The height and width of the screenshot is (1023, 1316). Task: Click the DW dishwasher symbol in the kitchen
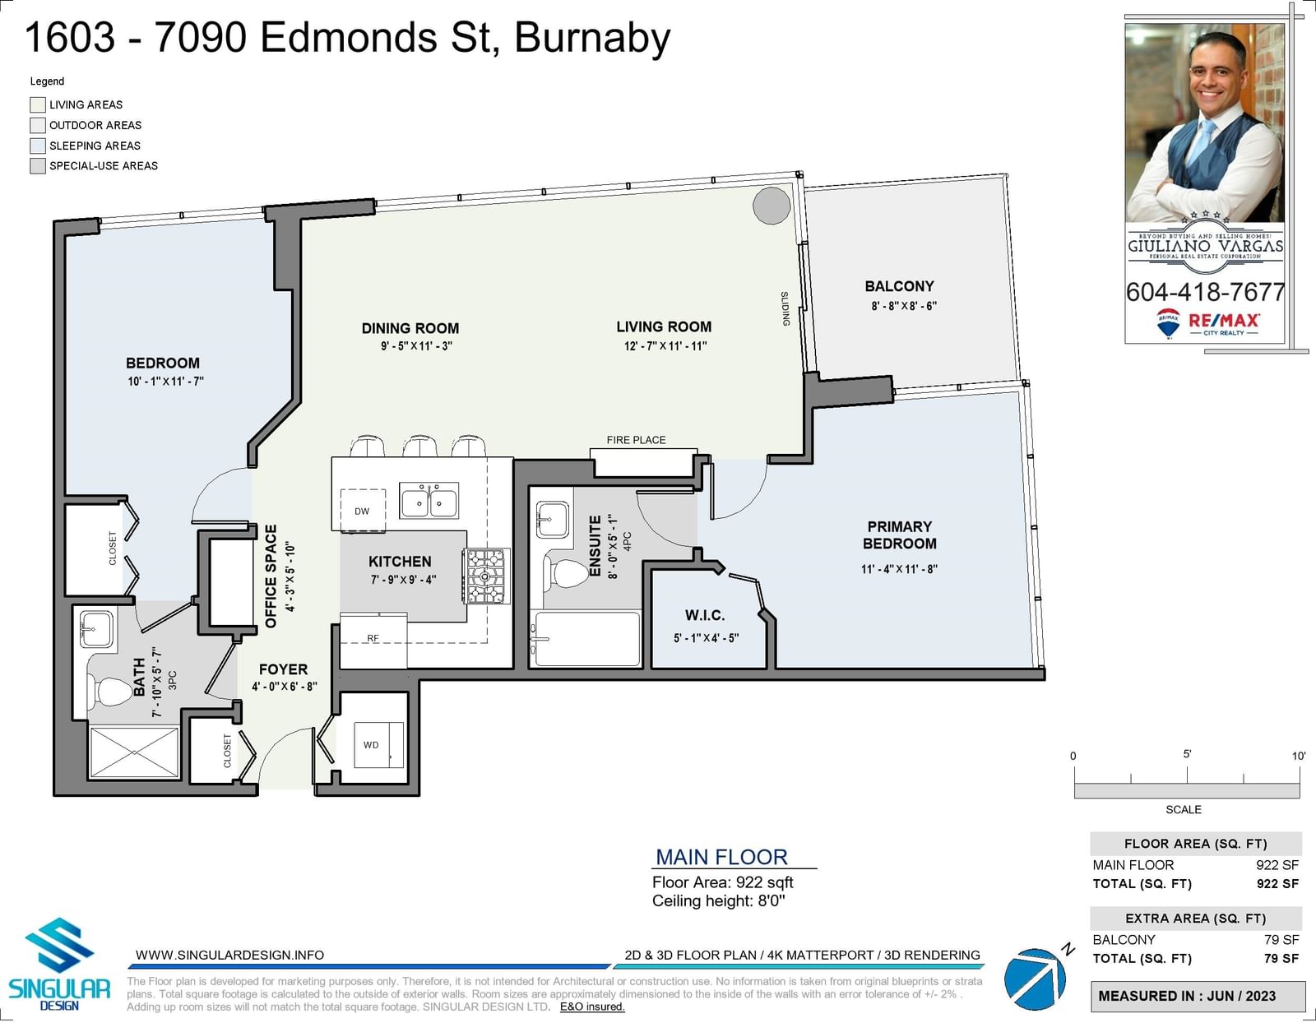coord(363,511)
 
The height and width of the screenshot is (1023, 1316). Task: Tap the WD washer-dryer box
coord(378,744)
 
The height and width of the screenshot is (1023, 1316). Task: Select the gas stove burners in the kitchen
coord(486,576)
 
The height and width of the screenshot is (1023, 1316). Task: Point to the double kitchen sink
coord(429,500)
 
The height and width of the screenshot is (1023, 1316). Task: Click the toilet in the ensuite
coord(566,572)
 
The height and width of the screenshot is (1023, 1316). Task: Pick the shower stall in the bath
coord(134,751)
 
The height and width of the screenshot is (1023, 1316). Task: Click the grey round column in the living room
coord(772,206)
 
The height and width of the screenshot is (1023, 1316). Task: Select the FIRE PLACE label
coord(636,440)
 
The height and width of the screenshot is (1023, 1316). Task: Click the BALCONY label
coord(899,285)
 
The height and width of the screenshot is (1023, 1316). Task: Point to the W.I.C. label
coord(705,615)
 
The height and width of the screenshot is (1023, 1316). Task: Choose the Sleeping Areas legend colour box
coord(38,146)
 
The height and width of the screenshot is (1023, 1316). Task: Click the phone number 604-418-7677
coord(1205,293)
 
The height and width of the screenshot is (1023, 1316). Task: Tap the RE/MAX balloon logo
coord(1168,322)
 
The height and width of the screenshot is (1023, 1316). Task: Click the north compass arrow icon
coord(1035,979)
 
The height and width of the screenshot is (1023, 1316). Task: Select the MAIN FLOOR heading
coord(722,857)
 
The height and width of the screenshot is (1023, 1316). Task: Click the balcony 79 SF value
coord(1281,939)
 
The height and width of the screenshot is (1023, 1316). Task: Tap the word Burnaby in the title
coord(592,38)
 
